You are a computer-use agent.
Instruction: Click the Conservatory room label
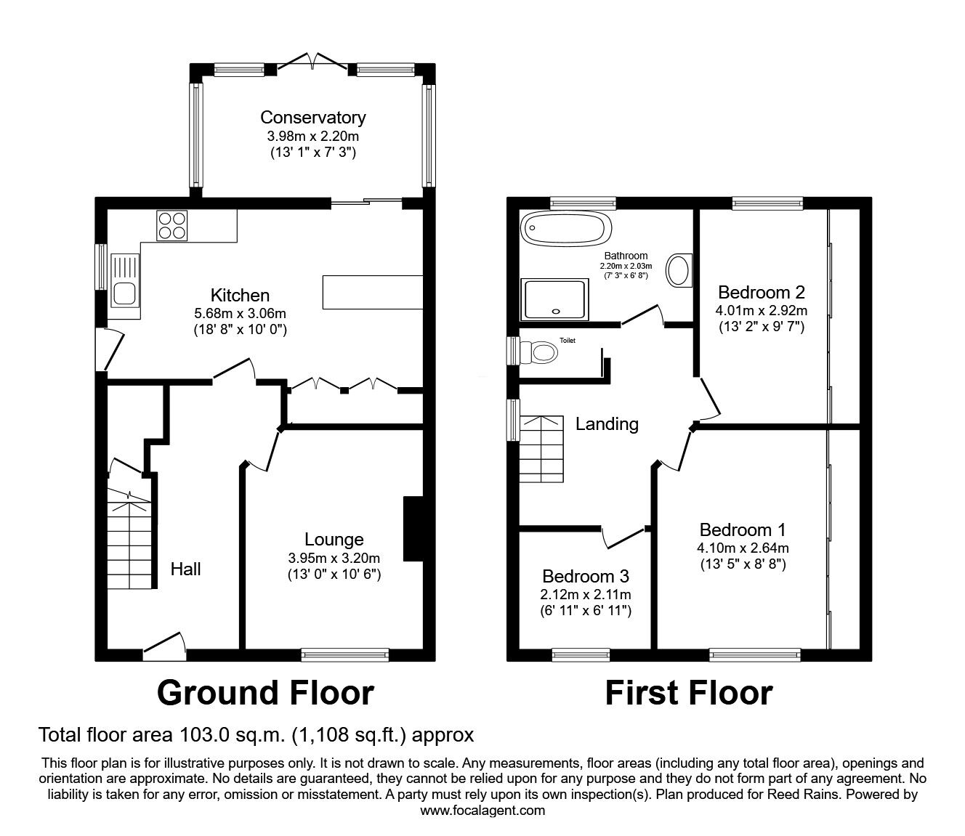pyautogui.click(x=312, y=117)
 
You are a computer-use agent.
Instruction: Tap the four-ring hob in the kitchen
pyautogui.click(x=172, y=224)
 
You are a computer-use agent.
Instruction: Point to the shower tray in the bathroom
pyautogui.click(x=553, y=299)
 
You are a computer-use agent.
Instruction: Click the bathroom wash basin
pyautogui.click(x=680, y=269)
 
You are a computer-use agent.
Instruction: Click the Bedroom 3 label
pyautogui.click(x=586, y=576)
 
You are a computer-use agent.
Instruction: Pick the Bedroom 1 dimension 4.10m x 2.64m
pyautogui.click(x=743, y=548)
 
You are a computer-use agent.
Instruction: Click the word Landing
pyautogui.click(x=607, y=424)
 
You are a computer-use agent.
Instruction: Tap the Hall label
pyautogui.click(x=185, y=569)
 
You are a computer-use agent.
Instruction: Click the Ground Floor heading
pyautogui.click(x=265, y=693)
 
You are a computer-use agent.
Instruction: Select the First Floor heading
pyautogui.click(x=688, y=693)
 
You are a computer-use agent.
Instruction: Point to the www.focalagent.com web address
pyautogui.click(x=482, y=811)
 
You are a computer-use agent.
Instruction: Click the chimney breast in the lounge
pyautogui.click(x=413, y=529)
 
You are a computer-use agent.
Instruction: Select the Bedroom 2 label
pyautogui.click(x=761, y=293)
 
